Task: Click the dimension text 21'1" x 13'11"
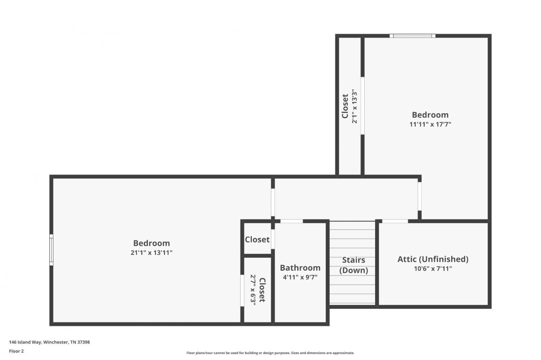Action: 151,253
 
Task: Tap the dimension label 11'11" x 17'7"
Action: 430,124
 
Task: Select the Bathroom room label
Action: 300,268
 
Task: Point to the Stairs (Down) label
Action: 353,265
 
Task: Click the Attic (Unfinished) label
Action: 433,259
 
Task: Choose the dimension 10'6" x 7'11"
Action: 433,268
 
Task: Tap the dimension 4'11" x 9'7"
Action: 300,277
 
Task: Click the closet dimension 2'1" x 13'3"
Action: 354,106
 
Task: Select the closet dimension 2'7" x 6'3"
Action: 253,290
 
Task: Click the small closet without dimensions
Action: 257,239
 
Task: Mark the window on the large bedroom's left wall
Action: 51,250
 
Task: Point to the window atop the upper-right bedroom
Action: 412,36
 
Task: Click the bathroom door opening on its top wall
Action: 291,221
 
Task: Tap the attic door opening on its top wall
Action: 395,221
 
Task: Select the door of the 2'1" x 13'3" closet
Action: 362,106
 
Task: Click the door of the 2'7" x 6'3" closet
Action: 242,290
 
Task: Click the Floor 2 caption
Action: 17,351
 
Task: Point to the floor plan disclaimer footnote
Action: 270,353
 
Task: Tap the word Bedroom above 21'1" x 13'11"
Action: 151,243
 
